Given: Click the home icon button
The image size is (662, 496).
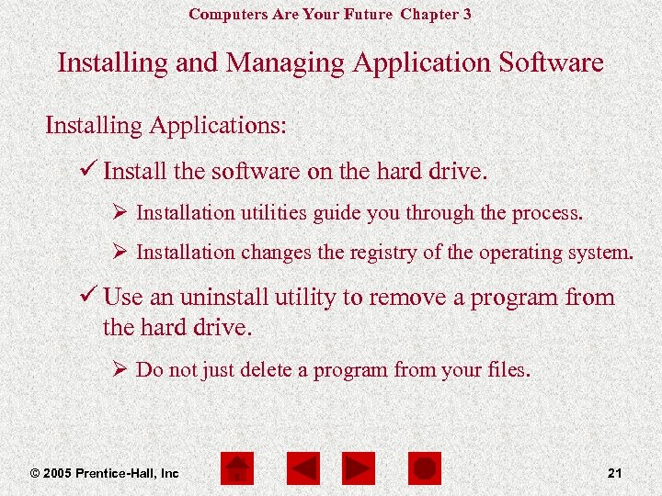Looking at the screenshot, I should click(237, 469).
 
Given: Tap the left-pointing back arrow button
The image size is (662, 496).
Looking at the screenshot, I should click(302, 469).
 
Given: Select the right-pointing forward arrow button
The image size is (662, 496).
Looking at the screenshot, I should click(359, 469).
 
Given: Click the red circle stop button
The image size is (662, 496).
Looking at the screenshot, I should click(424, 469).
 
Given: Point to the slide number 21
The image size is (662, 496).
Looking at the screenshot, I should click(615, 473).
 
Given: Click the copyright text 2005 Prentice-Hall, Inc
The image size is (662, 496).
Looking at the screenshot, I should click(104, 473).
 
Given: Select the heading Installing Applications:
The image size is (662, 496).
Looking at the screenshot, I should click(165, 125).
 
